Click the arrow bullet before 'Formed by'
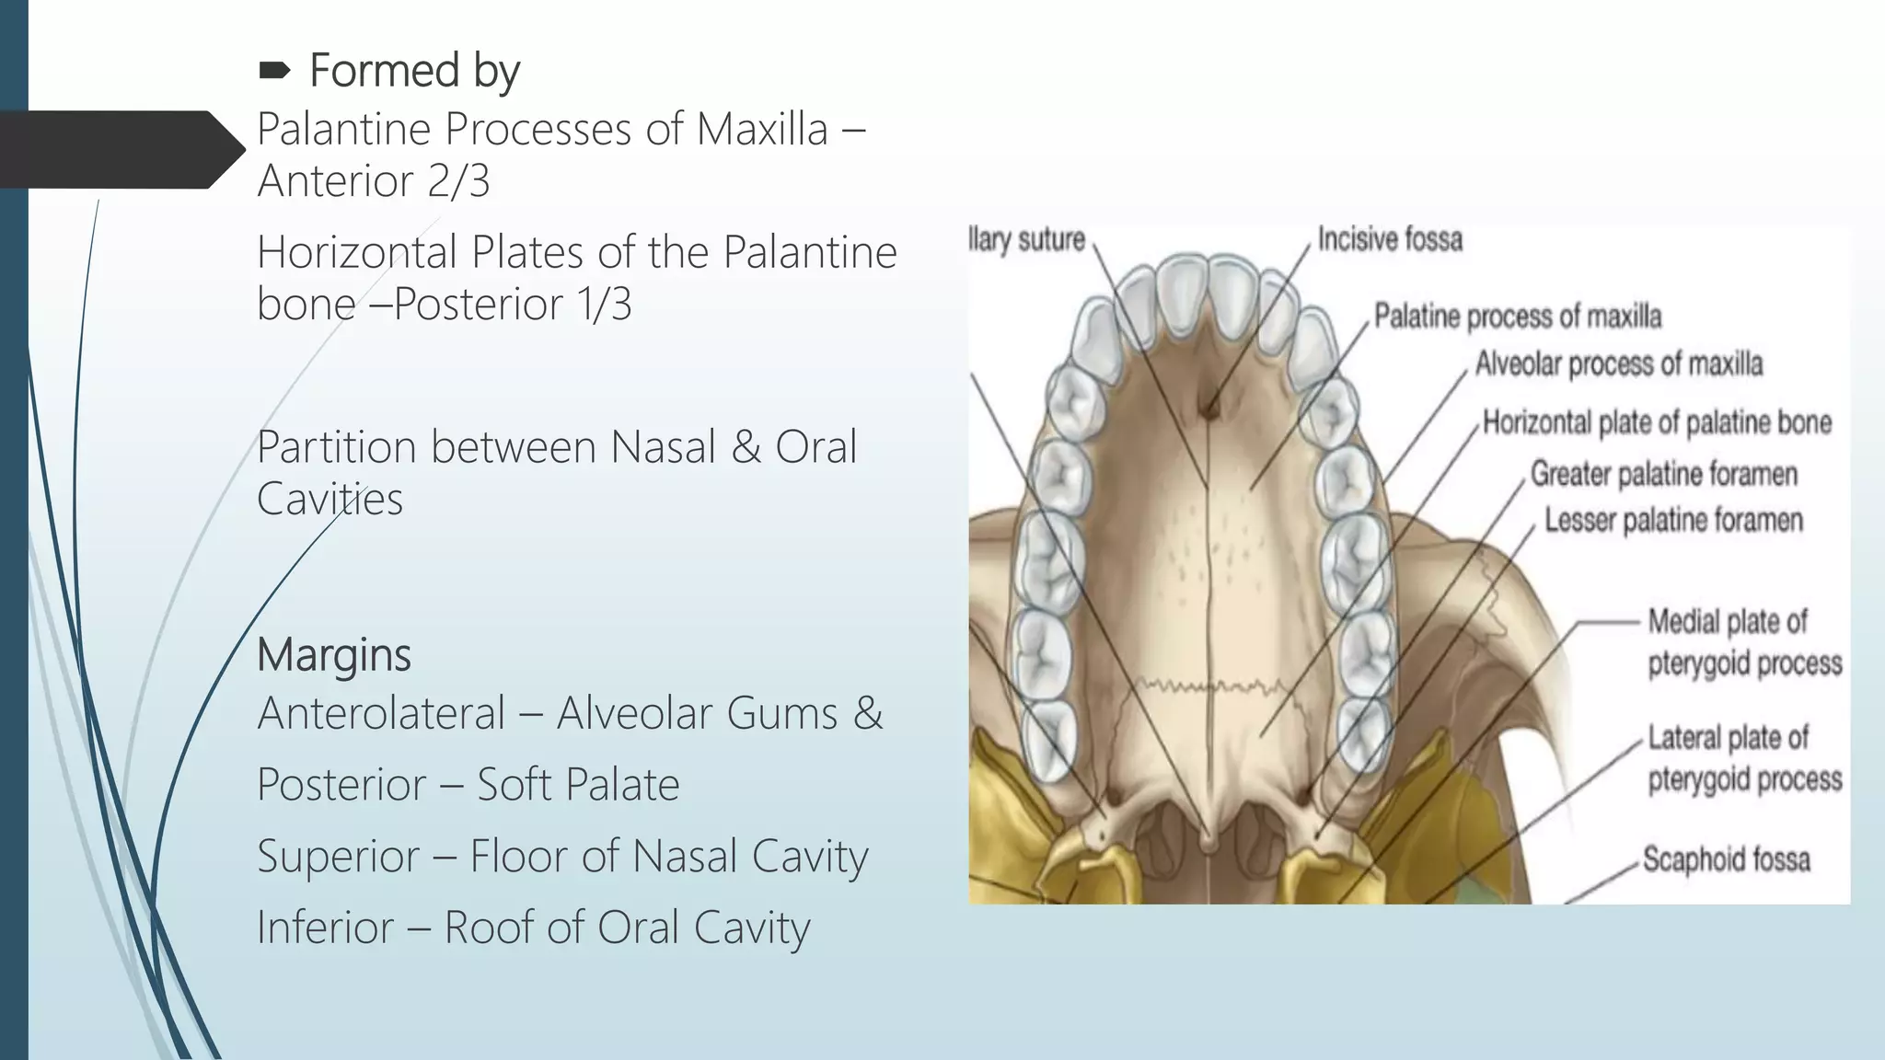point(275,70)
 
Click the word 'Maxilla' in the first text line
point(761,129)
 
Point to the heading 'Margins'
point(333,655)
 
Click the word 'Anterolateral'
point(381,713)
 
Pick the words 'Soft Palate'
point(577,785)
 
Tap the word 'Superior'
point(338,857)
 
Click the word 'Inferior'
point(325,927)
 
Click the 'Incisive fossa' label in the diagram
point(1390,239)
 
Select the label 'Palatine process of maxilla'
point(1517,317)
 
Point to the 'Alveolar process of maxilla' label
point(1618,364)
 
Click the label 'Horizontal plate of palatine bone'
point(1657,422)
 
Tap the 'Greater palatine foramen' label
point(1663,474)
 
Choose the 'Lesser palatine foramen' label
point(1672,520)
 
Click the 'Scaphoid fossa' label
point(1726,859)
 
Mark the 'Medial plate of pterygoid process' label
point(1743,642)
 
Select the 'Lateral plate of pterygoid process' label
point(1744,758)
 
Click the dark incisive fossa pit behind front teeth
point(1212,406)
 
